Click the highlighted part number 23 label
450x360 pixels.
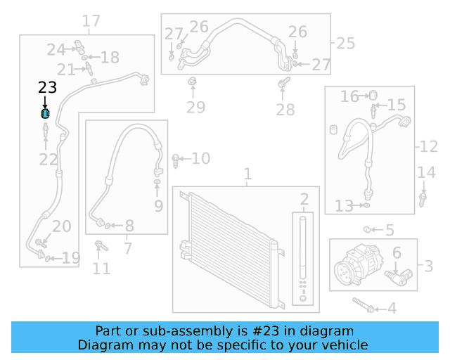pos(47,88)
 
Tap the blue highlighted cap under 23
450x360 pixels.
pos(46,114)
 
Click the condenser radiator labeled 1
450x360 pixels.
pos(232,250)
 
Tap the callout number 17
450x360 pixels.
pos(91,21)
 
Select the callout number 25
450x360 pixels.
pos(345,44)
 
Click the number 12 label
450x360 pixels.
pos(429,147)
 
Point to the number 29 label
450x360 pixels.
pos(195,108)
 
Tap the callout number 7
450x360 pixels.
pos(127,248)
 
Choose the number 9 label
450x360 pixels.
pos(158,206)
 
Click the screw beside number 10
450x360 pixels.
pos(176,160)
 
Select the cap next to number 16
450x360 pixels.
pos(374,96)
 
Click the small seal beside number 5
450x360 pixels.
pos(367,229)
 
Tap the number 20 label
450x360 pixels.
pos(62,226)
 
